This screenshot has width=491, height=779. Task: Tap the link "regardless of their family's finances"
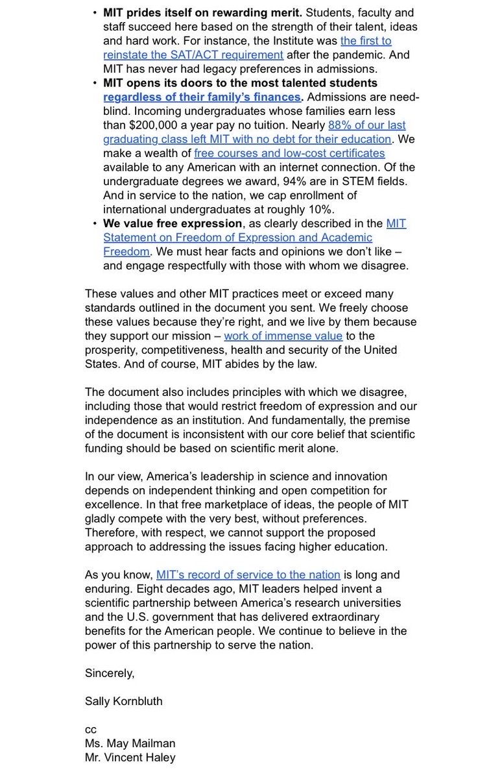(202, 97)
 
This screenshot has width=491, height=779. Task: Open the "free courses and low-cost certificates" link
(289, 153)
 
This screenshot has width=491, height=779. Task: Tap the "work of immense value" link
(283, 336)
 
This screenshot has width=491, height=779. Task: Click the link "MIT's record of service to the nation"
(248, 575)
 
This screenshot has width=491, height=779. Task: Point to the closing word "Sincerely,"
(110, 673)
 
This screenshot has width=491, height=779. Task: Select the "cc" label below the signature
(90, 729)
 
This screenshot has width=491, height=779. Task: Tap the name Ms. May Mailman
(130, 743)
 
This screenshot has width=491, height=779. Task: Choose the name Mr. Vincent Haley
(130, 757)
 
